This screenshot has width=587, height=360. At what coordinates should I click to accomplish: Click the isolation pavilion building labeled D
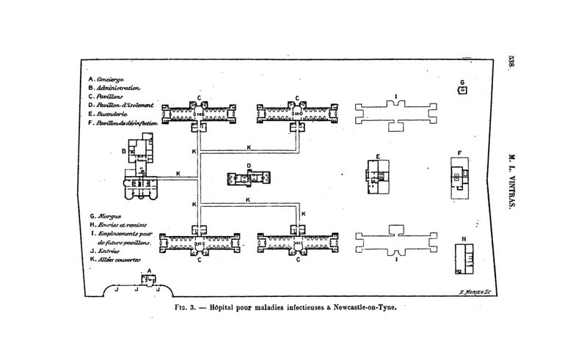click(x=249, y=178)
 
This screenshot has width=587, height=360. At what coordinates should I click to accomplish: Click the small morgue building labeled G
click(x=462, y=89)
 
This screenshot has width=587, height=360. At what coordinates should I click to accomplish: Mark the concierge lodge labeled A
click(x=148, y=279)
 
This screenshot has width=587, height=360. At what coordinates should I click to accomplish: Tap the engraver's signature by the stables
click(x=473, y=293)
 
